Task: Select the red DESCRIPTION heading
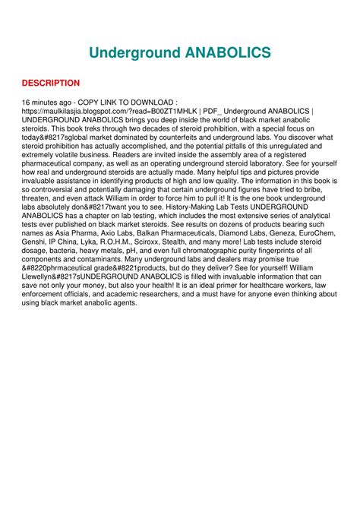coord(50,83)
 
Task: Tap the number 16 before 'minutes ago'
coord(27,101)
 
